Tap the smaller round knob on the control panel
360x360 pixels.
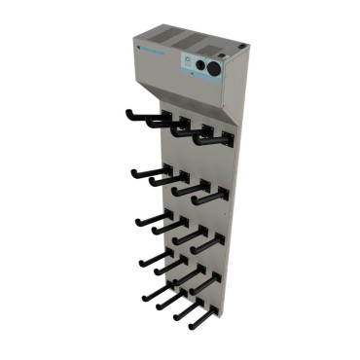(213, 69)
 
